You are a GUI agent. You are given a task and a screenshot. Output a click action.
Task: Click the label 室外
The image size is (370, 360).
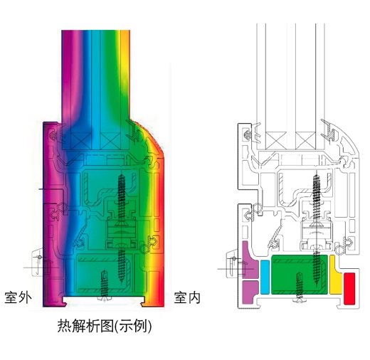point(18,297)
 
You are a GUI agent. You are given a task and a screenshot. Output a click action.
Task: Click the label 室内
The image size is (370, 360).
point(187,297)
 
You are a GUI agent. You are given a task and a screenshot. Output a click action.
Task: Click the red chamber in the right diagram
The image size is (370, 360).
point(349,288)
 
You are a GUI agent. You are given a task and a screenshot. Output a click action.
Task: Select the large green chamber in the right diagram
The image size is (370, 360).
point(300,275)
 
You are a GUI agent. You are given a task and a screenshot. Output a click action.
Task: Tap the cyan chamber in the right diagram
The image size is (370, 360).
point(265,277)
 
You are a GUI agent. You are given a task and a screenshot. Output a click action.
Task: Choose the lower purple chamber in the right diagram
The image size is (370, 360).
point(250,292)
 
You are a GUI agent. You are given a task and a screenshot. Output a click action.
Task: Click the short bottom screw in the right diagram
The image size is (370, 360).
point(299,287)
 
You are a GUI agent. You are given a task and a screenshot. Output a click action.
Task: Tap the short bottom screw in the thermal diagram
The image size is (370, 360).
point(105,286)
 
